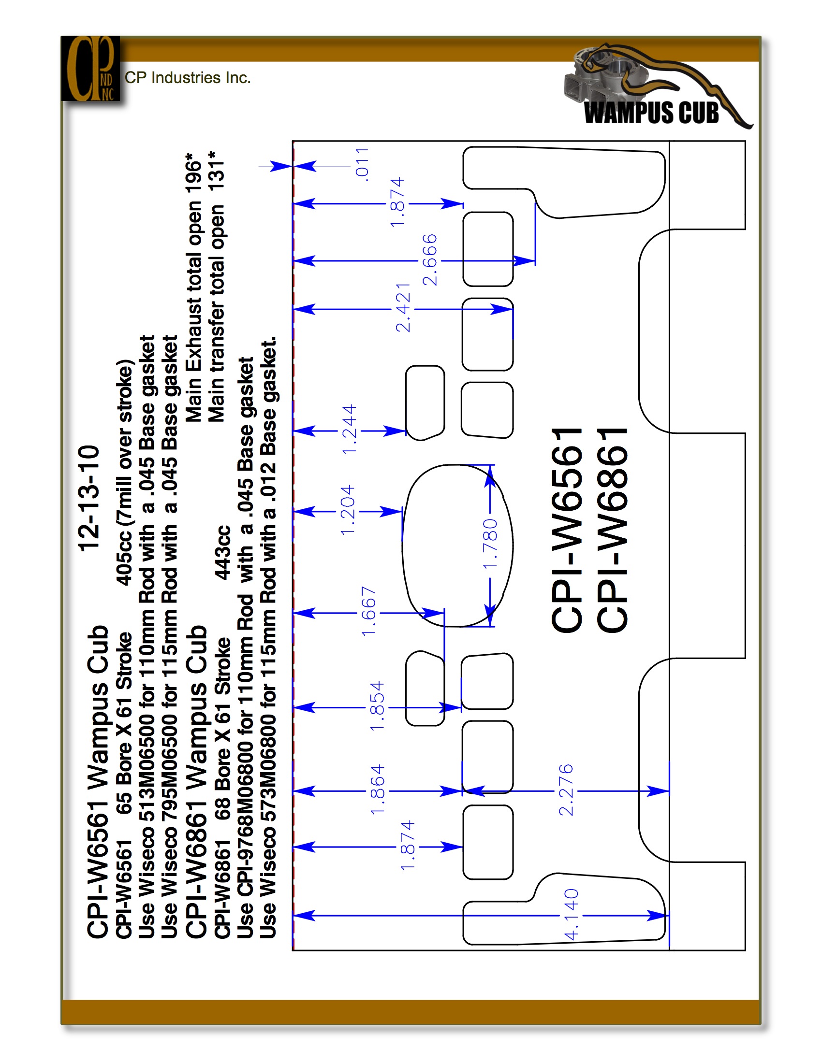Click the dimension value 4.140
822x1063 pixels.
coord(571,915)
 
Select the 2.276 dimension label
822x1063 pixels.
coord(566,790)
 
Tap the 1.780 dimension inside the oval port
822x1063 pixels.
coord(490,544)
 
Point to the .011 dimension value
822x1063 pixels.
coord(362,164)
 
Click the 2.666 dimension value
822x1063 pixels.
coord(429,260)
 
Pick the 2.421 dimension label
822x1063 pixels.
coord(403,308)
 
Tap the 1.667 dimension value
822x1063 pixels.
coord(368,611)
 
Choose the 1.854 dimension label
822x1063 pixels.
coord(377,706)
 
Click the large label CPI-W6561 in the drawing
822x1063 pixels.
coord(567,531)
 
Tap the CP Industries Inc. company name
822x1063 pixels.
coord(188,77)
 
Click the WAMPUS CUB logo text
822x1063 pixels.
coord(652,113)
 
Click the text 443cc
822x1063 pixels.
coord(222,552)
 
